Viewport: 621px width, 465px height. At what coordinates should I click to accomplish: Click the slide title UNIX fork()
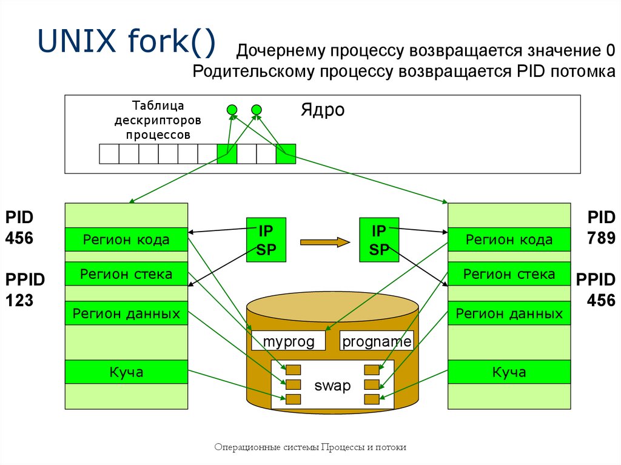[126, 44]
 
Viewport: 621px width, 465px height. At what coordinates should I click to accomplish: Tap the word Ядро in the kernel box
[323, 110]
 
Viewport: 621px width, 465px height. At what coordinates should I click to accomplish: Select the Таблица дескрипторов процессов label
[158, 120]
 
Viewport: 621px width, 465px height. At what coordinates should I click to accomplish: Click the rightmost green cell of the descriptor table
[286, 154]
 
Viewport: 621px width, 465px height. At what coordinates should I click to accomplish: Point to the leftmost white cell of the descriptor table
[109, 154]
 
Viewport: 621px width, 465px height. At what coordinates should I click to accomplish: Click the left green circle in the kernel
[231, 110]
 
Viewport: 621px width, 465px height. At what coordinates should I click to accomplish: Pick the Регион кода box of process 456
[126, 239]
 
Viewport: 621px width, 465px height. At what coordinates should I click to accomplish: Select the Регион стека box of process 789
[509, 275]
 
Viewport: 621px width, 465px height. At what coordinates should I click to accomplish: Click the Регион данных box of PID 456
[126, 313]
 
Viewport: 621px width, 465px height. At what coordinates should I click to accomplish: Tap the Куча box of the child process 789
[509, 372]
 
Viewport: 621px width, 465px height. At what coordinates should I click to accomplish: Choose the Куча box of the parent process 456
[126, 372]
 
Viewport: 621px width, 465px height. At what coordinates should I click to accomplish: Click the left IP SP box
[266, 240]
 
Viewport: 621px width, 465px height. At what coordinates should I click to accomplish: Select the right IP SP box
[379, 240]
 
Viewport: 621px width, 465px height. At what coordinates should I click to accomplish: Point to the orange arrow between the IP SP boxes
[325, 242]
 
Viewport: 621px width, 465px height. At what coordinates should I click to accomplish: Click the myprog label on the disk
[289, 342]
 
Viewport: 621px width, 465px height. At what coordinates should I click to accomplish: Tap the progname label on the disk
[377, 342]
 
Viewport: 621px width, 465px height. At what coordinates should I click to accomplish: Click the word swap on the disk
[332, 386]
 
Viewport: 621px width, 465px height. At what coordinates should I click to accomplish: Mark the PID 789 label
[601, 227]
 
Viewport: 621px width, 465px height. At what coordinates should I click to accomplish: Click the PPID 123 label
[25, 290]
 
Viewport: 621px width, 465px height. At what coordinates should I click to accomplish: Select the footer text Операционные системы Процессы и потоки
[310, 447]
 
